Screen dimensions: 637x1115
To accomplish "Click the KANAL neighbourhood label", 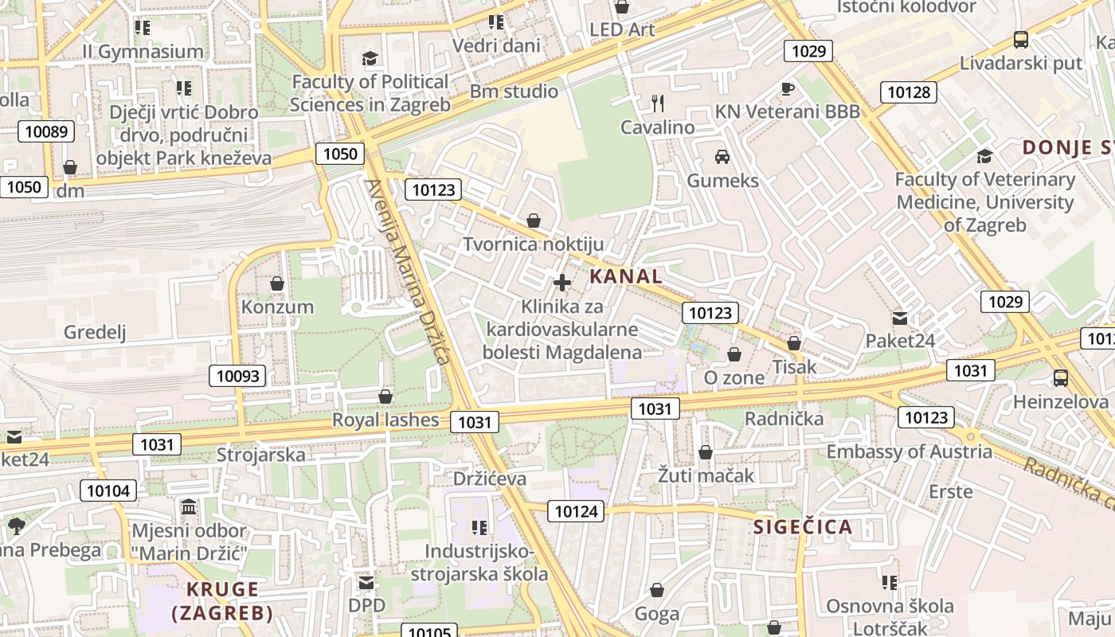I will [x=626, y=276].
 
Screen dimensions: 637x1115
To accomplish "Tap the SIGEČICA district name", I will [x=803, y=526].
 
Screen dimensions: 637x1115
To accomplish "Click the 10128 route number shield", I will [x=908, y=92].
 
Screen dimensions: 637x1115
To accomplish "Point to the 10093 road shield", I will [x=237, y=376].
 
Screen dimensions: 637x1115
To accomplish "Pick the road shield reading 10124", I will [x=576, y=511].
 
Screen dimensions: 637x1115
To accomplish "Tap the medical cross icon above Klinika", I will [x=562, y=283].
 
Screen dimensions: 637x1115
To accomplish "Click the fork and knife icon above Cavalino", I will [x=657, y=104].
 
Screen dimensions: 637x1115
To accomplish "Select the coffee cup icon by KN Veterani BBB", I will [x=787, y=89].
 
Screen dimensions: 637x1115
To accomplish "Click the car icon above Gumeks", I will [x=722, y=156].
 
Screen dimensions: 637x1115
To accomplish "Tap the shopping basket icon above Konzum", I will [x=277, y=283].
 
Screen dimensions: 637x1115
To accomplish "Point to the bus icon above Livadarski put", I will [x=1020, y=39].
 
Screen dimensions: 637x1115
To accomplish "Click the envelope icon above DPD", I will [x=366, y=583].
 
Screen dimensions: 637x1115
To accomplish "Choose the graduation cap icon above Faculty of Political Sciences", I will [x=370, y=58].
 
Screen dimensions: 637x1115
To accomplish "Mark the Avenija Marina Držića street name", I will [x=408, y=271].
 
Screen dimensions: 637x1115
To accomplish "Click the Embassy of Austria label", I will [x=910, y=451].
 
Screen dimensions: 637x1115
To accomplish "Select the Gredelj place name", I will [x=95, y=332].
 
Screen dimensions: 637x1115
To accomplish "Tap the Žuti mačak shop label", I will [x=706, y=476].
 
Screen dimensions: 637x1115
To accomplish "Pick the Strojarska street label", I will [x=261, y=455].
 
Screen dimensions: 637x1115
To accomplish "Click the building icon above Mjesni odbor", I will [x=189, y=507].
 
